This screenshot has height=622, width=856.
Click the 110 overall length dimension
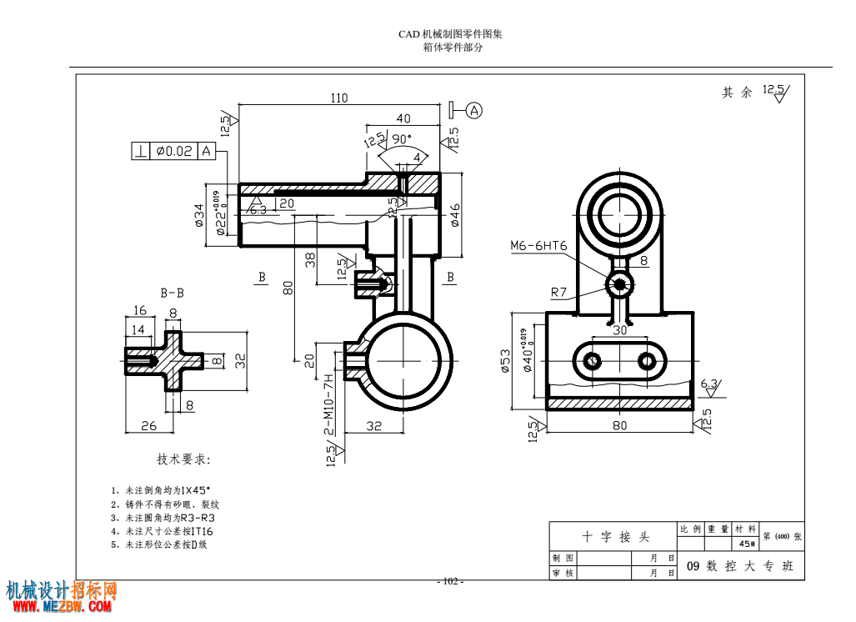pyautogui.click(x=338, y=98)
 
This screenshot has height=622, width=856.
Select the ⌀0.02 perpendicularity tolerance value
pyautogui.click(x=173, y=151)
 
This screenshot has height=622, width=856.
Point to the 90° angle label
pyautogui.click(x=403, y=138)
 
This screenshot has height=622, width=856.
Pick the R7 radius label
pyautogui.click(x=558, y=292)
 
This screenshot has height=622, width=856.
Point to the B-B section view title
pyautogui.click(x=173, y=293)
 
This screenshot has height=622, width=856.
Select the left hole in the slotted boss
pyautogui.click(x=593, y=361)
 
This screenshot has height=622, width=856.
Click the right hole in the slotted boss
pyautogui.click(x=648, y=361)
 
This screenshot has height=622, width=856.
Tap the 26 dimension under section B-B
pyautogui.click(x=148, y=425)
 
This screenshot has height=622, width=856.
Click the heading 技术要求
pyautogui.click(x=184, y=459)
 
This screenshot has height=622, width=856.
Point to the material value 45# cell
pyautogui.click(x=747, y=544)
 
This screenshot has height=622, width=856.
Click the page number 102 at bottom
pyautogui.click(x=451, y=581)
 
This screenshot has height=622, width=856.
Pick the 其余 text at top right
pyautogui.click(x=737, y=93)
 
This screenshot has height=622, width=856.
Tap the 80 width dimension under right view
pyautogui.click(x=619, y=426)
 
